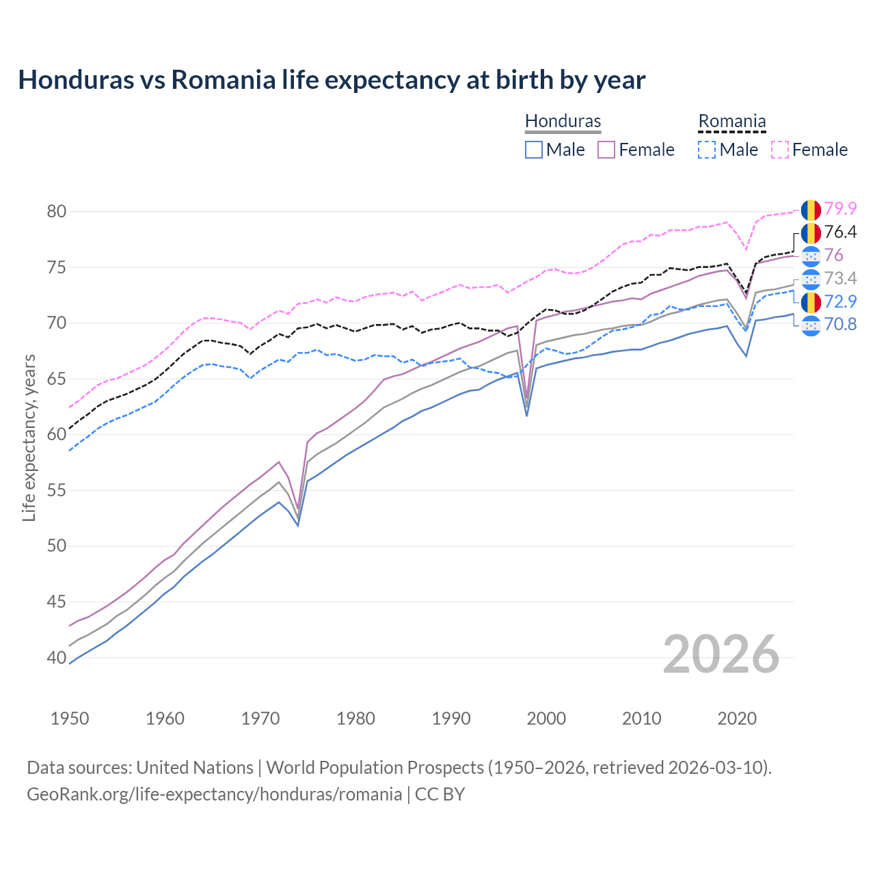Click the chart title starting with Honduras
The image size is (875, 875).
coord(332,80)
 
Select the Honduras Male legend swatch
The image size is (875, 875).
coord(534,150)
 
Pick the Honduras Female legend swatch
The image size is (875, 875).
coord(606,150)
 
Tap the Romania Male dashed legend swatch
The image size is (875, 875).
coord(707,150)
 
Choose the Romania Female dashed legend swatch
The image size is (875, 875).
coord(779,150)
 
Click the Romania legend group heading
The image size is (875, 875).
coord(731,122)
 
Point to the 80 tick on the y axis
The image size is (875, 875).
coord(57,211)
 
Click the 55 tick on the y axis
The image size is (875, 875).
coord(57,490)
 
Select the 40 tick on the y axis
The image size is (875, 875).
coord(57,658)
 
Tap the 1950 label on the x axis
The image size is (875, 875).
coord(70,718)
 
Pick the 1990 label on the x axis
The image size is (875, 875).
coord(451,718)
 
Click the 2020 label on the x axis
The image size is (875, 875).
coord(737,718)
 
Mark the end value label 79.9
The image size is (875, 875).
coord(840,208)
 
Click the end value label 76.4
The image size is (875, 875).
coord(840,232)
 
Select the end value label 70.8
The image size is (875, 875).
coord(840,324)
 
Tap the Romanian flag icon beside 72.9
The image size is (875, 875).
coord(811,301)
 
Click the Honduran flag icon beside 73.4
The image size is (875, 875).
coord(811,279)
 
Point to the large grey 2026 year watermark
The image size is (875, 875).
coord(721,654)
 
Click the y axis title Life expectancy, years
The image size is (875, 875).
coord(29,437)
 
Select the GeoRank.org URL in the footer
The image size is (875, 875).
coord(214,794)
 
